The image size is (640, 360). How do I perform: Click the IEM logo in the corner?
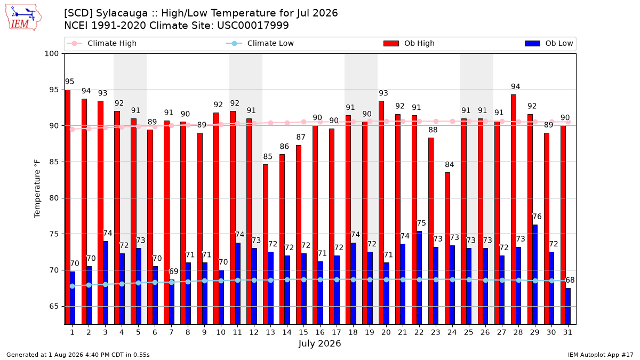(x=23, y=17)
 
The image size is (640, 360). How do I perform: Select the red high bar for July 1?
(x=68, y=207)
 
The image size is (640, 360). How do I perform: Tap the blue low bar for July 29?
(x=535, y=275)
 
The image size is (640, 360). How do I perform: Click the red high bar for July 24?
(x=447, y=249)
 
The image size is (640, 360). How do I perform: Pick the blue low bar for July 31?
(x=568, y=306)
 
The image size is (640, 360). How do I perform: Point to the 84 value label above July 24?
(x=450, y=165)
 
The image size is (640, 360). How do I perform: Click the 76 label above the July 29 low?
(x=537, y=217)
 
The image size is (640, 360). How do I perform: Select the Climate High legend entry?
(x=102, y=43)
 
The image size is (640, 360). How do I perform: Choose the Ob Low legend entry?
(x=549, y=43)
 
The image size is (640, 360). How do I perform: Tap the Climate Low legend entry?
(x=260, y=43)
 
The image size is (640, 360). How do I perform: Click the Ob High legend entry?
(x=409, y=43)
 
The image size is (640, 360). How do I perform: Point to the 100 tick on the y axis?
(x=51, y=54)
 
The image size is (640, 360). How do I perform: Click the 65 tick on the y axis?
(x=54, y=306)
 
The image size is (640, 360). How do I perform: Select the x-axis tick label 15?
(x=303, y=332)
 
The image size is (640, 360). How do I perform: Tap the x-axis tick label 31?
(x=567, y=332)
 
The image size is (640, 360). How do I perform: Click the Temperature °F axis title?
(x=37, y=189)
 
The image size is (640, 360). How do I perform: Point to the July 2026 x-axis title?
(x=319, y=343)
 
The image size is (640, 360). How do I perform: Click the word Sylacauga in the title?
(x=122, y=13)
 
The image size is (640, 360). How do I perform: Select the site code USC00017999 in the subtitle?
(x=253, y=26)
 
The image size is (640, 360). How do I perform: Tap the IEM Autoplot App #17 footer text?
(x=601, y=355)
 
